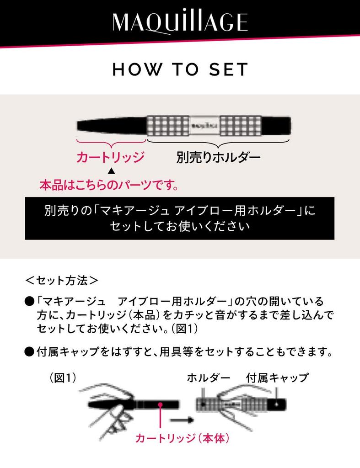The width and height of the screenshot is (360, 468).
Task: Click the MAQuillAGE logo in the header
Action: (180, 22)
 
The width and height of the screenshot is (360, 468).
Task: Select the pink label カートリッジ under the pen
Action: (110, 158)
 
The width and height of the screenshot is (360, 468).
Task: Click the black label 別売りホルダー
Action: (218, 158)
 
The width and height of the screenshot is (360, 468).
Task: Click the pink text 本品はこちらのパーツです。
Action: (109, 186)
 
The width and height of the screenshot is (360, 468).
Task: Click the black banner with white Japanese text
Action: (179, 218)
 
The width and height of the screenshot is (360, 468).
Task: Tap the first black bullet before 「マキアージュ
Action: (30, 302)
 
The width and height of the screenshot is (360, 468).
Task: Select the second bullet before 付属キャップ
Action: (30, 352)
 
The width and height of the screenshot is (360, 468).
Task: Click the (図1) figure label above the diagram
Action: (63, 378)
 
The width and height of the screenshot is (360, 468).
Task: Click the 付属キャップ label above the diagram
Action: (277, 378)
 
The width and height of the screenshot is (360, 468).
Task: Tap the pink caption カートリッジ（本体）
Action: (182, 438)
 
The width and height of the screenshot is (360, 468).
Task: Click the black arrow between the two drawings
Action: (180, 418)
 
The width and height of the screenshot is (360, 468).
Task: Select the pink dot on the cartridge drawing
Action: (161, 404)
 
